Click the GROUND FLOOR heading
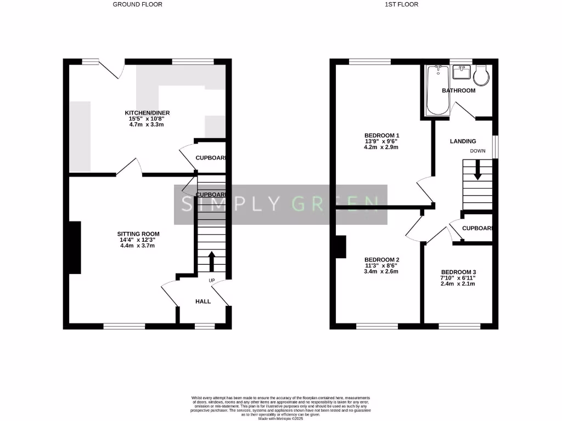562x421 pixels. [137, 4]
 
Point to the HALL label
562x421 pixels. [204, 301]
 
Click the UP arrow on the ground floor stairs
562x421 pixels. [211, 261]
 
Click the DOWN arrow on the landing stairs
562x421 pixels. [477, 170]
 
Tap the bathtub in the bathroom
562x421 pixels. [437, 90]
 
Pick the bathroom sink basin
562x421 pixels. [459, 72]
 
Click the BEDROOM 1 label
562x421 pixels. [382, 135]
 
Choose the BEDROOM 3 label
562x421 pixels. [458, 272]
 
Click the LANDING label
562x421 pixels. [463, 141]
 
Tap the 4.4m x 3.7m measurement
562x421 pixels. [137, 246]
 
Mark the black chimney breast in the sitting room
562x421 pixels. [75, 247]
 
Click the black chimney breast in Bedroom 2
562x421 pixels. [340, 247]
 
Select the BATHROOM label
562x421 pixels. [459, 90]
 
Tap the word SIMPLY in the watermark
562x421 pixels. [217, 204]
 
